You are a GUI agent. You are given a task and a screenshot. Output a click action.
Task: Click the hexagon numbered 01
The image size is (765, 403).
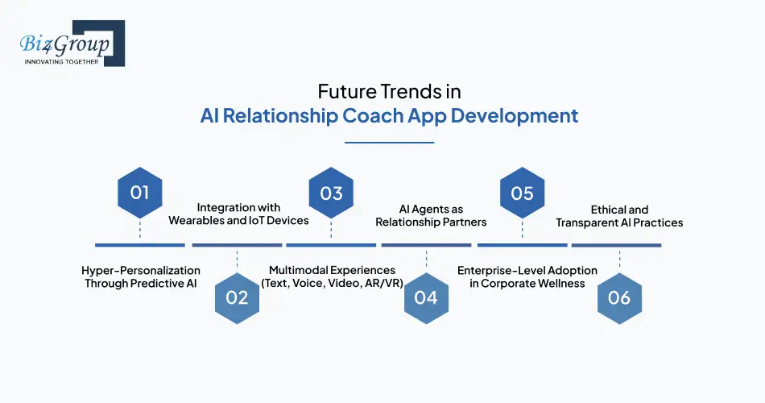tap(140, 193)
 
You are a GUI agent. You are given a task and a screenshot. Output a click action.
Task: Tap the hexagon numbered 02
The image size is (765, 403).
tap(237, 298)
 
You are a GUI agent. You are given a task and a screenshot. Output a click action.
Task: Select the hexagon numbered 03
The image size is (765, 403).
tap(331, 193)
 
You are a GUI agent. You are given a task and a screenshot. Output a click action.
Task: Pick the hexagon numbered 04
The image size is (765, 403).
tap(427, 298)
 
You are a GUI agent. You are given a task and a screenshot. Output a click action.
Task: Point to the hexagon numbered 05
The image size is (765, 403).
tap(523, 193)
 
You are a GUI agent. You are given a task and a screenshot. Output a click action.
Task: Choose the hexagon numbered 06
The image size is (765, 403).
tap(619, 298)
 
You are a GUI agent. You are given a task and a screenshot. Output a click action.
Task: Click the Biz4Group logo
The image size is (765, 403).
tap(72, 43)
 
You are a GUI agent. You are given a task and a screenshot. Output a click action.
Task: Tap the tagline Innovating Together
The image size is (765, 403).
tap(61, 62)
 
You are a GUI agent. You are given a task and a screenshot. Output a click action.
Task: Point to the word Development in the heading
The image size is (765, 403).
tap(515, 116)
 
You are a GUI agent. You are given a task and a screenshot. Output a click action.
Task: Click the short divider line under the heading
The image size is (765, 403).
tap(389, 143)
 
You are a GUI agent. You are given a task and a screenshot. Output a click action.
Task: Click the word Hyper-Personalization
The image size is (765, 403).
tap(140, 271)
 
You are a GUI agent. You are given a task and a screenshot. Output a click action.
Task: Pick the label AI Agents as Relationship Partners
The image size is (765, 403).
tap(431, 215)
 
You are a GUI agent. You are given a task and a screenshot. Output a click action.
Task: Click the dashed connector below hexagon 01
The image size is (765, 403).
tap(140, 230)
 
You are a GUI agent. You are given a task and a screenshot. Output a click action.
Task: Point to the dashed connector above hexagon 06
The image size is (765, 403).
tap(619, 260)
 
